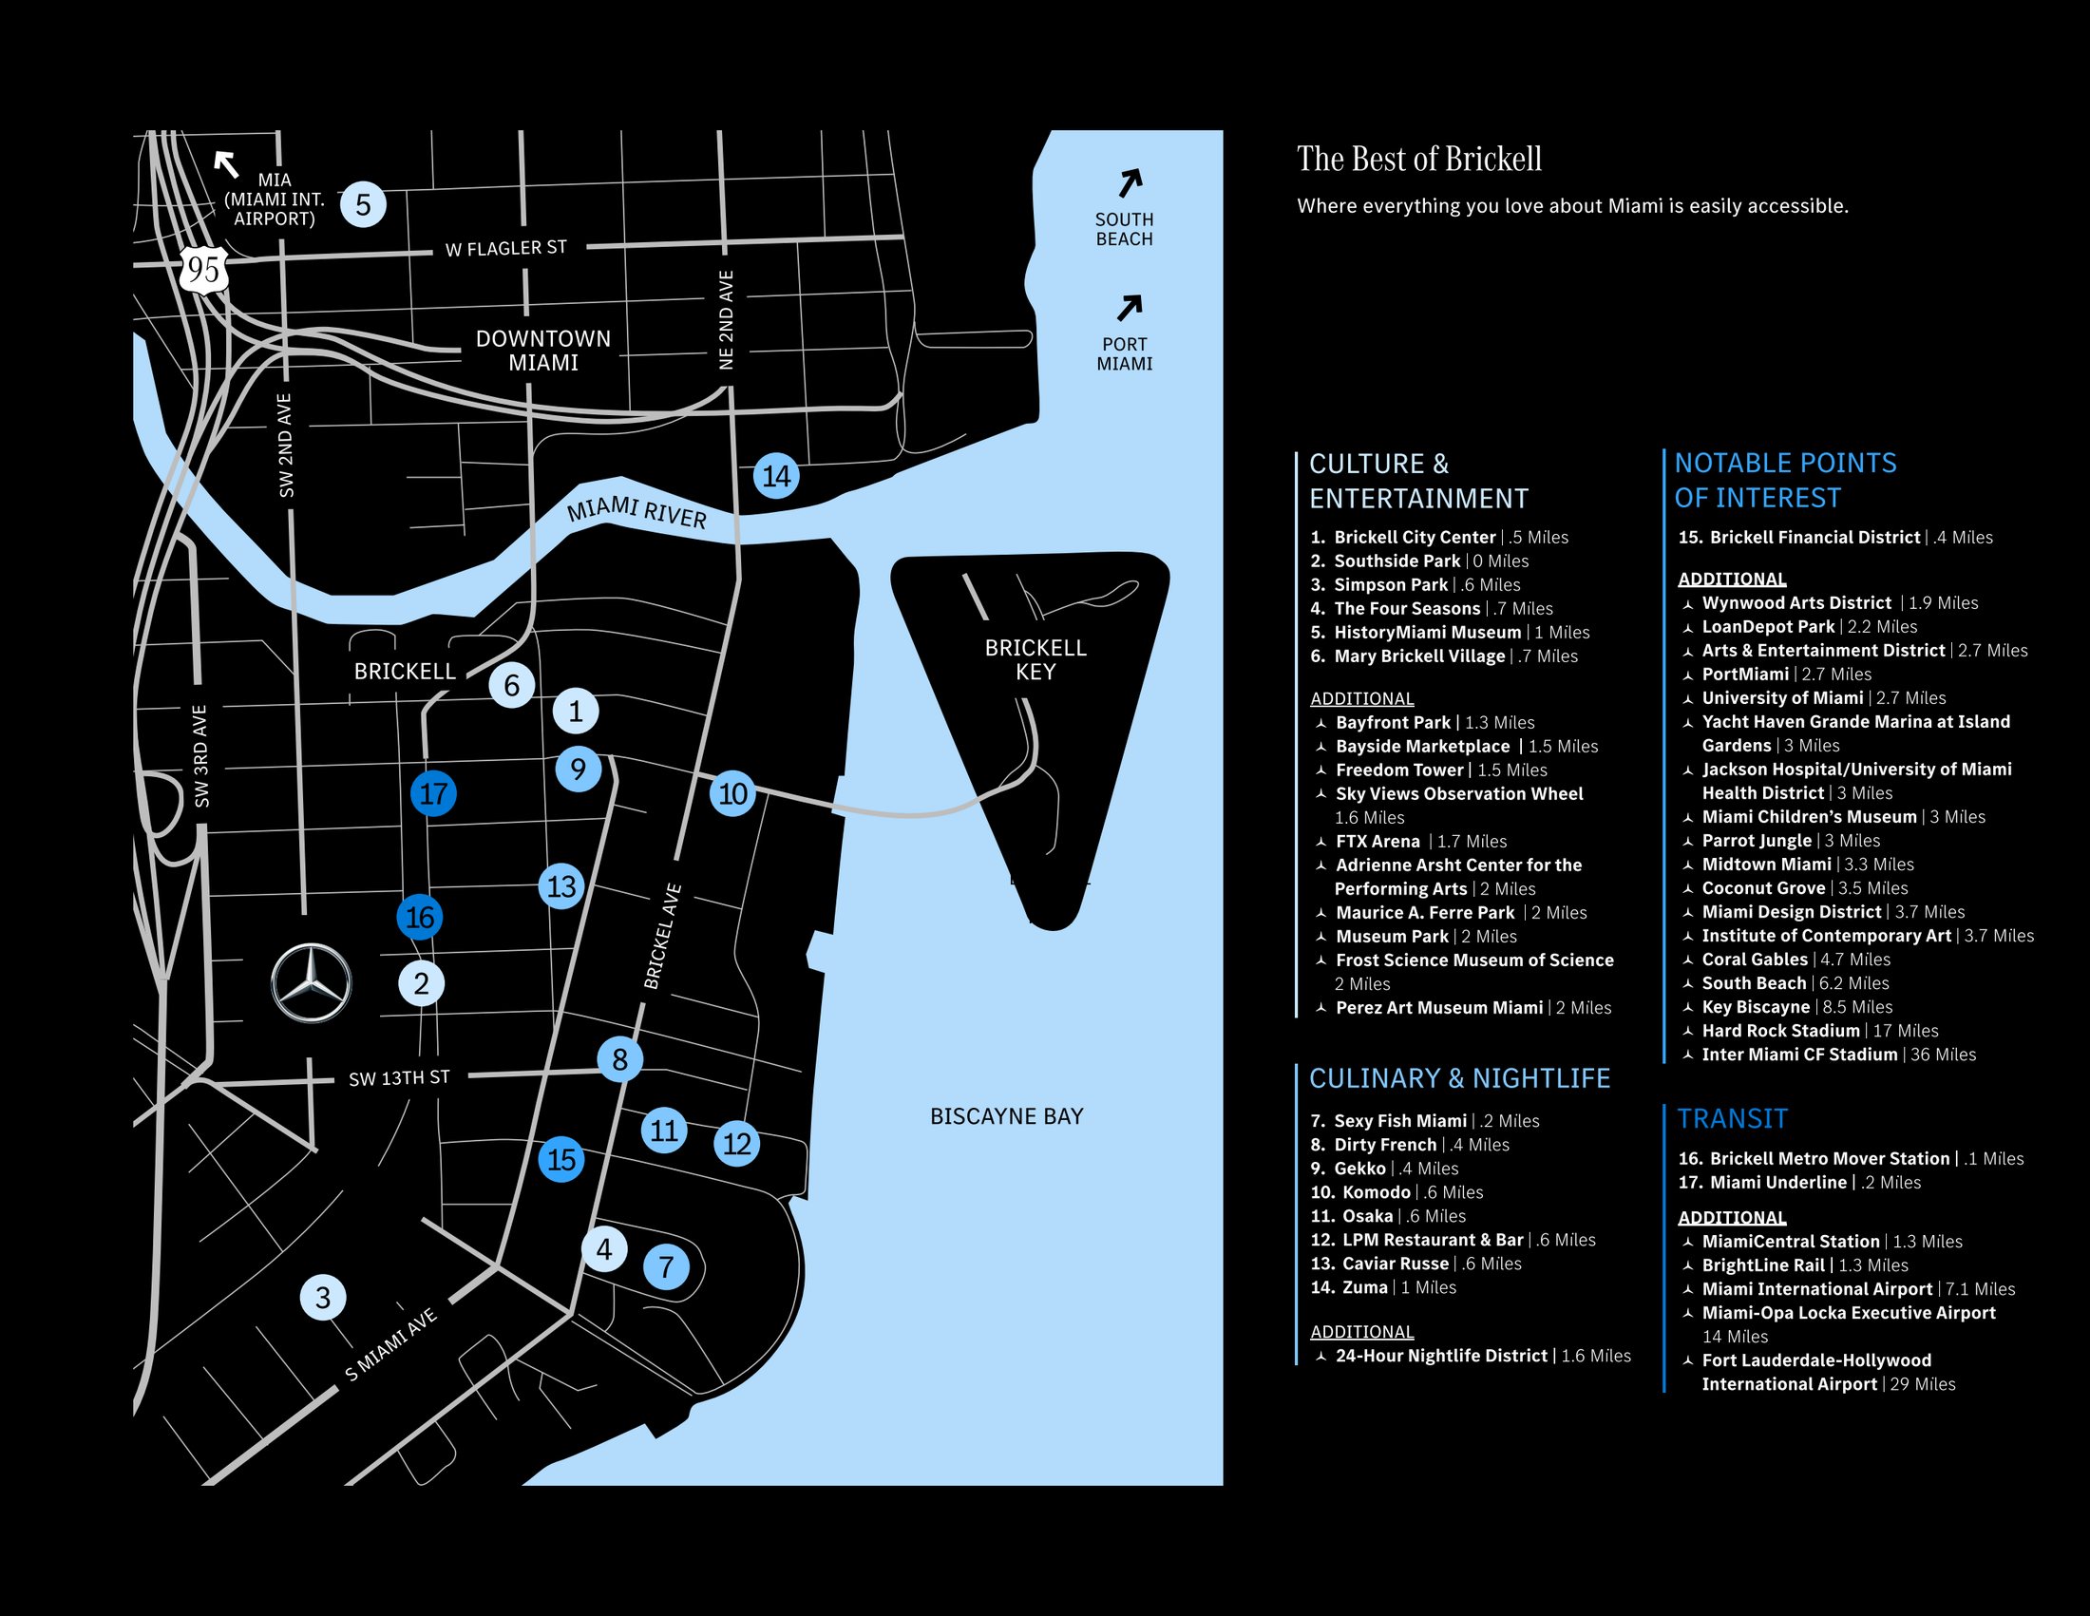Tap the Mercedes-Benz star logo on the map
311,982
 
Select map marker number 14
776,476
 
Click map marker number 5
364,205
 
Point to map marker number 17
433,793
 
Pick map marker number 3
323,1298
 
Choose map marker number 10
733,793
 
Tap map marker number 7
667,1266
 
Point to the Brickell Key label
1035,659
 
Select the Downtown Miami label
542,351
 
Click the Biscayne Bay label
1007,1115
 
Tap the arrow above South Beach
1130,181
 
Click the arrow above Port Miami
1130,307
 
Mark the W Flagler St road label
506,249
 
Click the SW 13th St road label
399,1078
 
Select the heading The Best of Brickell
1419,159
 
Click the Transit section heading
1732,1118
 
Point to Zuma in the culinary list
1364,1288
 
